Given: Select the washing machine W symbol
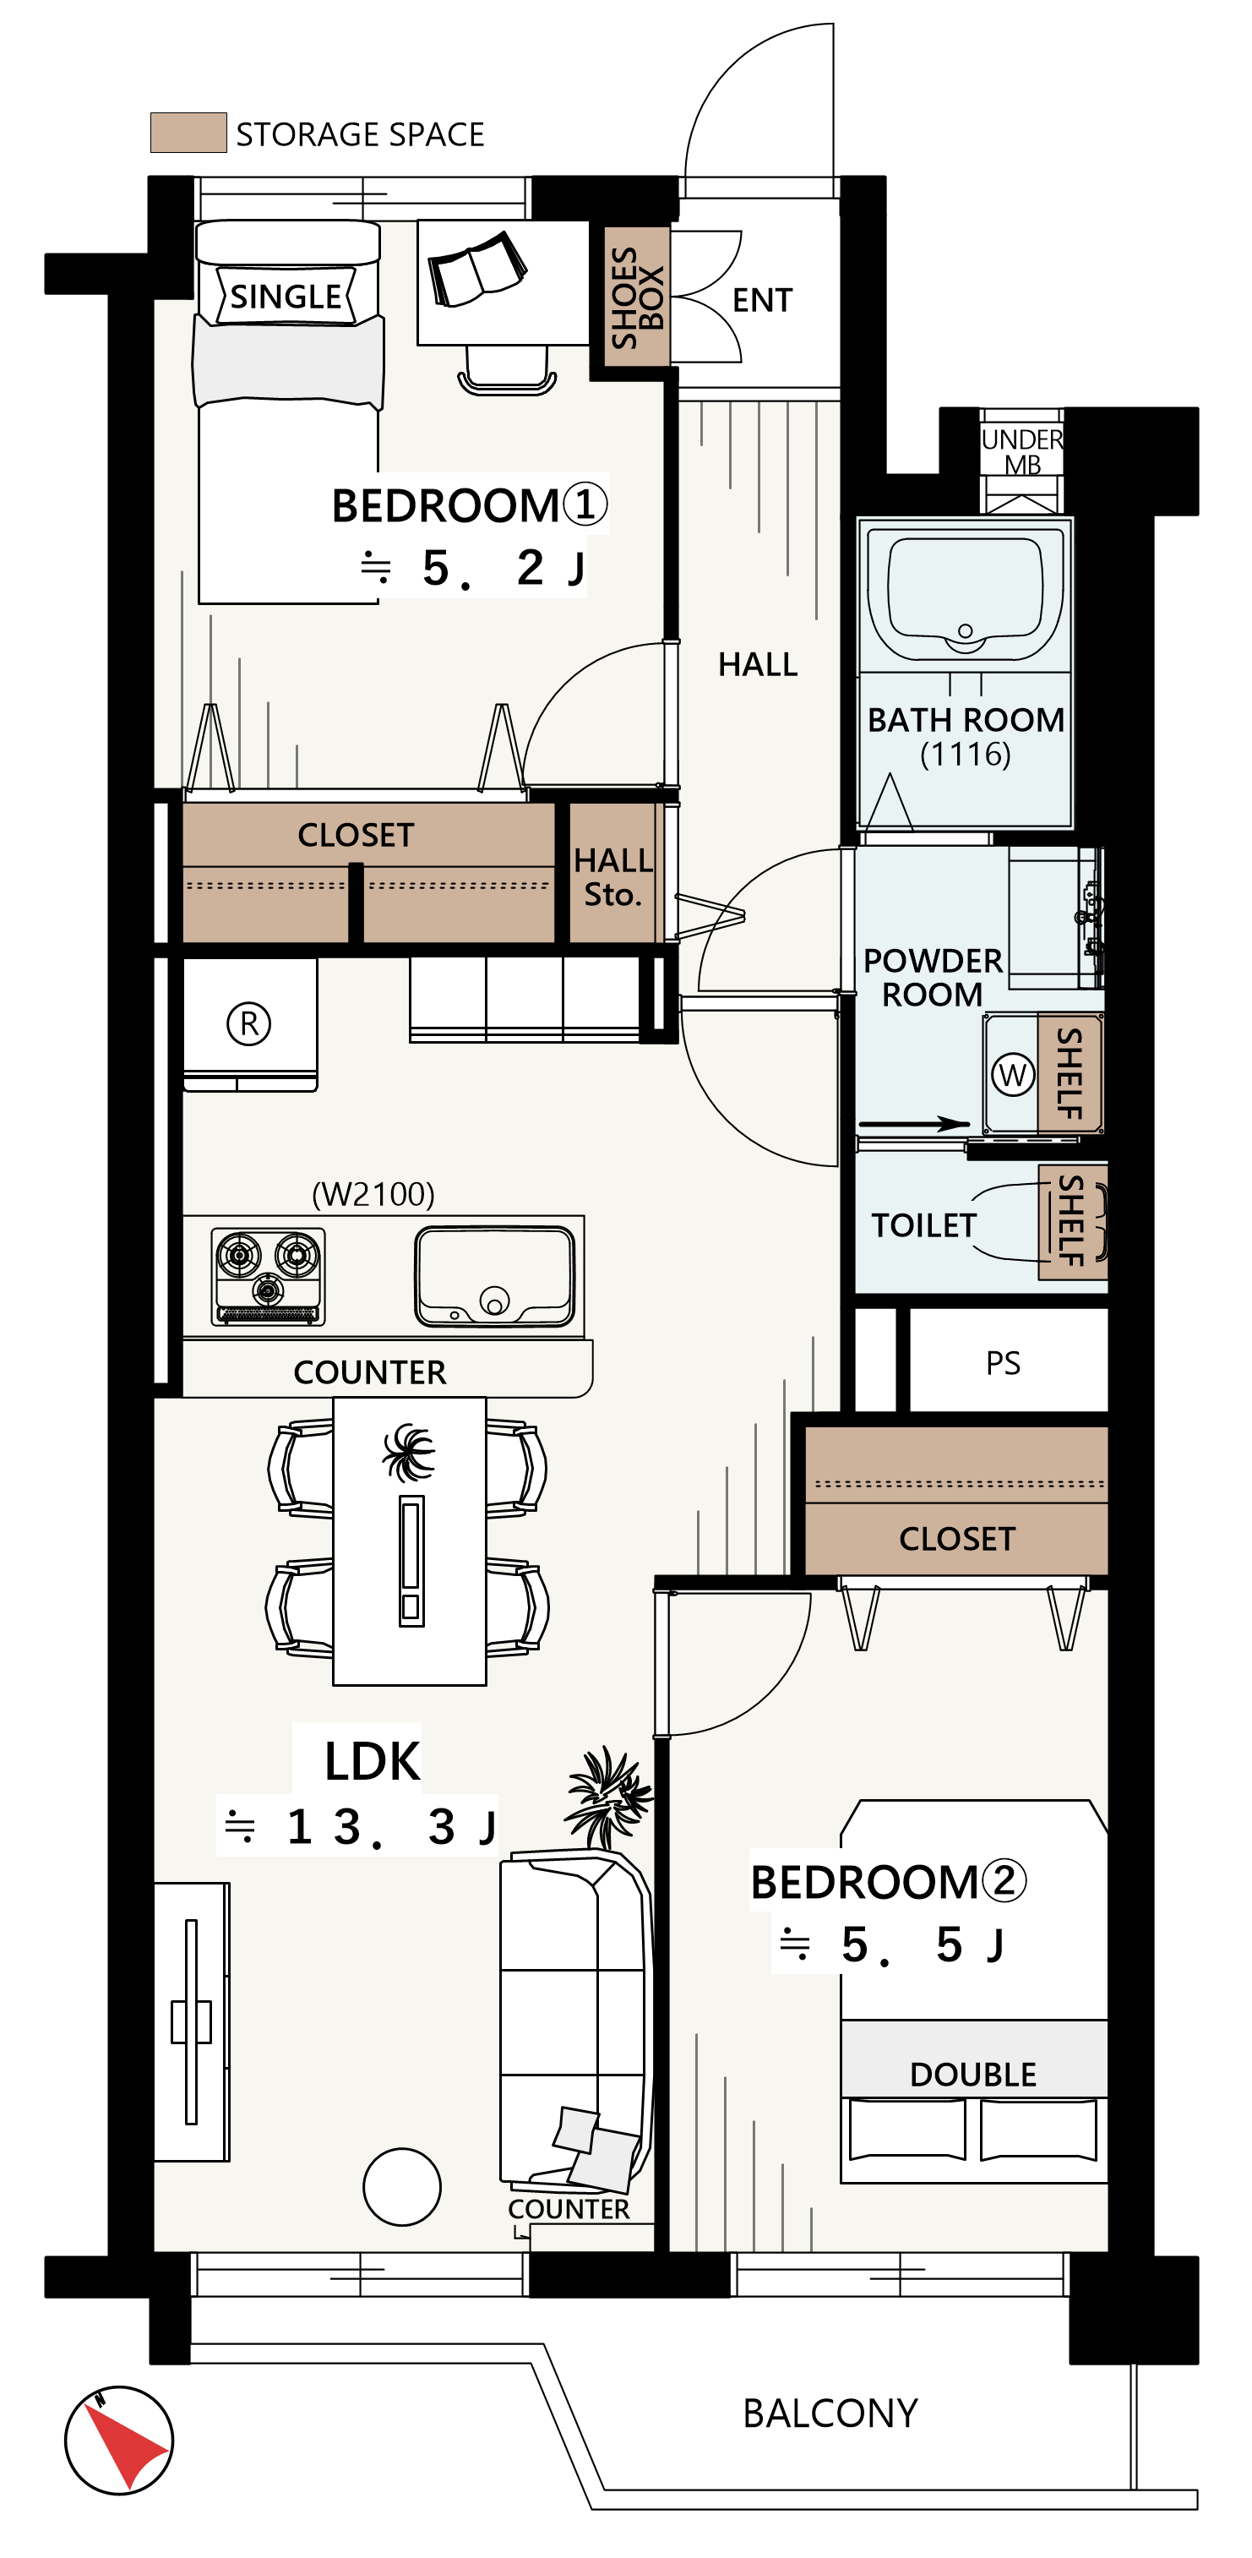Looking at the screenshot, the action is coord(1013,1074).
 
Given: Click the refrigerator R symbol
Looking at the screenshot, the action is coord(248,1023).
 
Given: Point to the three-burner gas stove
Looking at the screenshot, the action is coord(268,1276).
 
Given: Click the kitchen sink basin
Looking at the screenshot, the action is coord(494,1277).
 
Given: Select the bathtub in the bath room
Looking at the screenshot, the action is coord(965,593).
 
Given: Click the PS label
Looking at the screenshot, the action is coord(1003,1362).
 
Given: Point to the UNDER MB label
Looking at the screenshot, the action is coord(1021,452).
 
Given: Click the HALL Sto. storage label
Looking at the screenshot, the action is coord(612,877).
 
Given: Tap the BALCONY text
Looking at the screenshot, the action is coord(830,2413).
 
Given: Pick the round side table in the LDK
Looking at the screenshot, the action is coord(402,2187).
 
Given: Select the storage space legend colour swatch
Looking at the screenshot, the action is coord(188,132).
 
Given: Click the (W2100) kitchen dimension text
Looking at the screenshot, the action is coord(373,1193).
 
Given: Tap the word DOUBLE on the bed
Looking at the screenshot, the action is coord(973,2075).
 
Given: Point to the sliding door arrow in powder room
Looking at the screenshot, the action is coord(913,1124).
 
